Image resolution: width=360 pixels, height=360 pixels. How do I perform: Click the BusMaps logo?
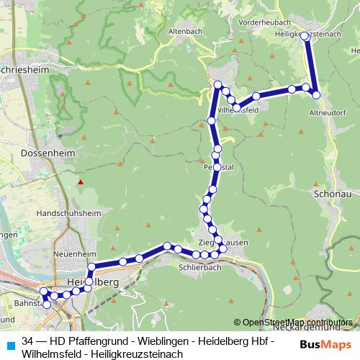[x=323, y=345]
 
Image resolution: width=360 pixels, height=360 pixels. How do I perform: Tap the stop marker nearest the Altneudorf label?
[x=316, y=94]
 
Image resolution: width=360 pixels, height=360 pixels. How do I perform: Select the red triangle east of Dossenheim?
[x=81, y=181]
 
